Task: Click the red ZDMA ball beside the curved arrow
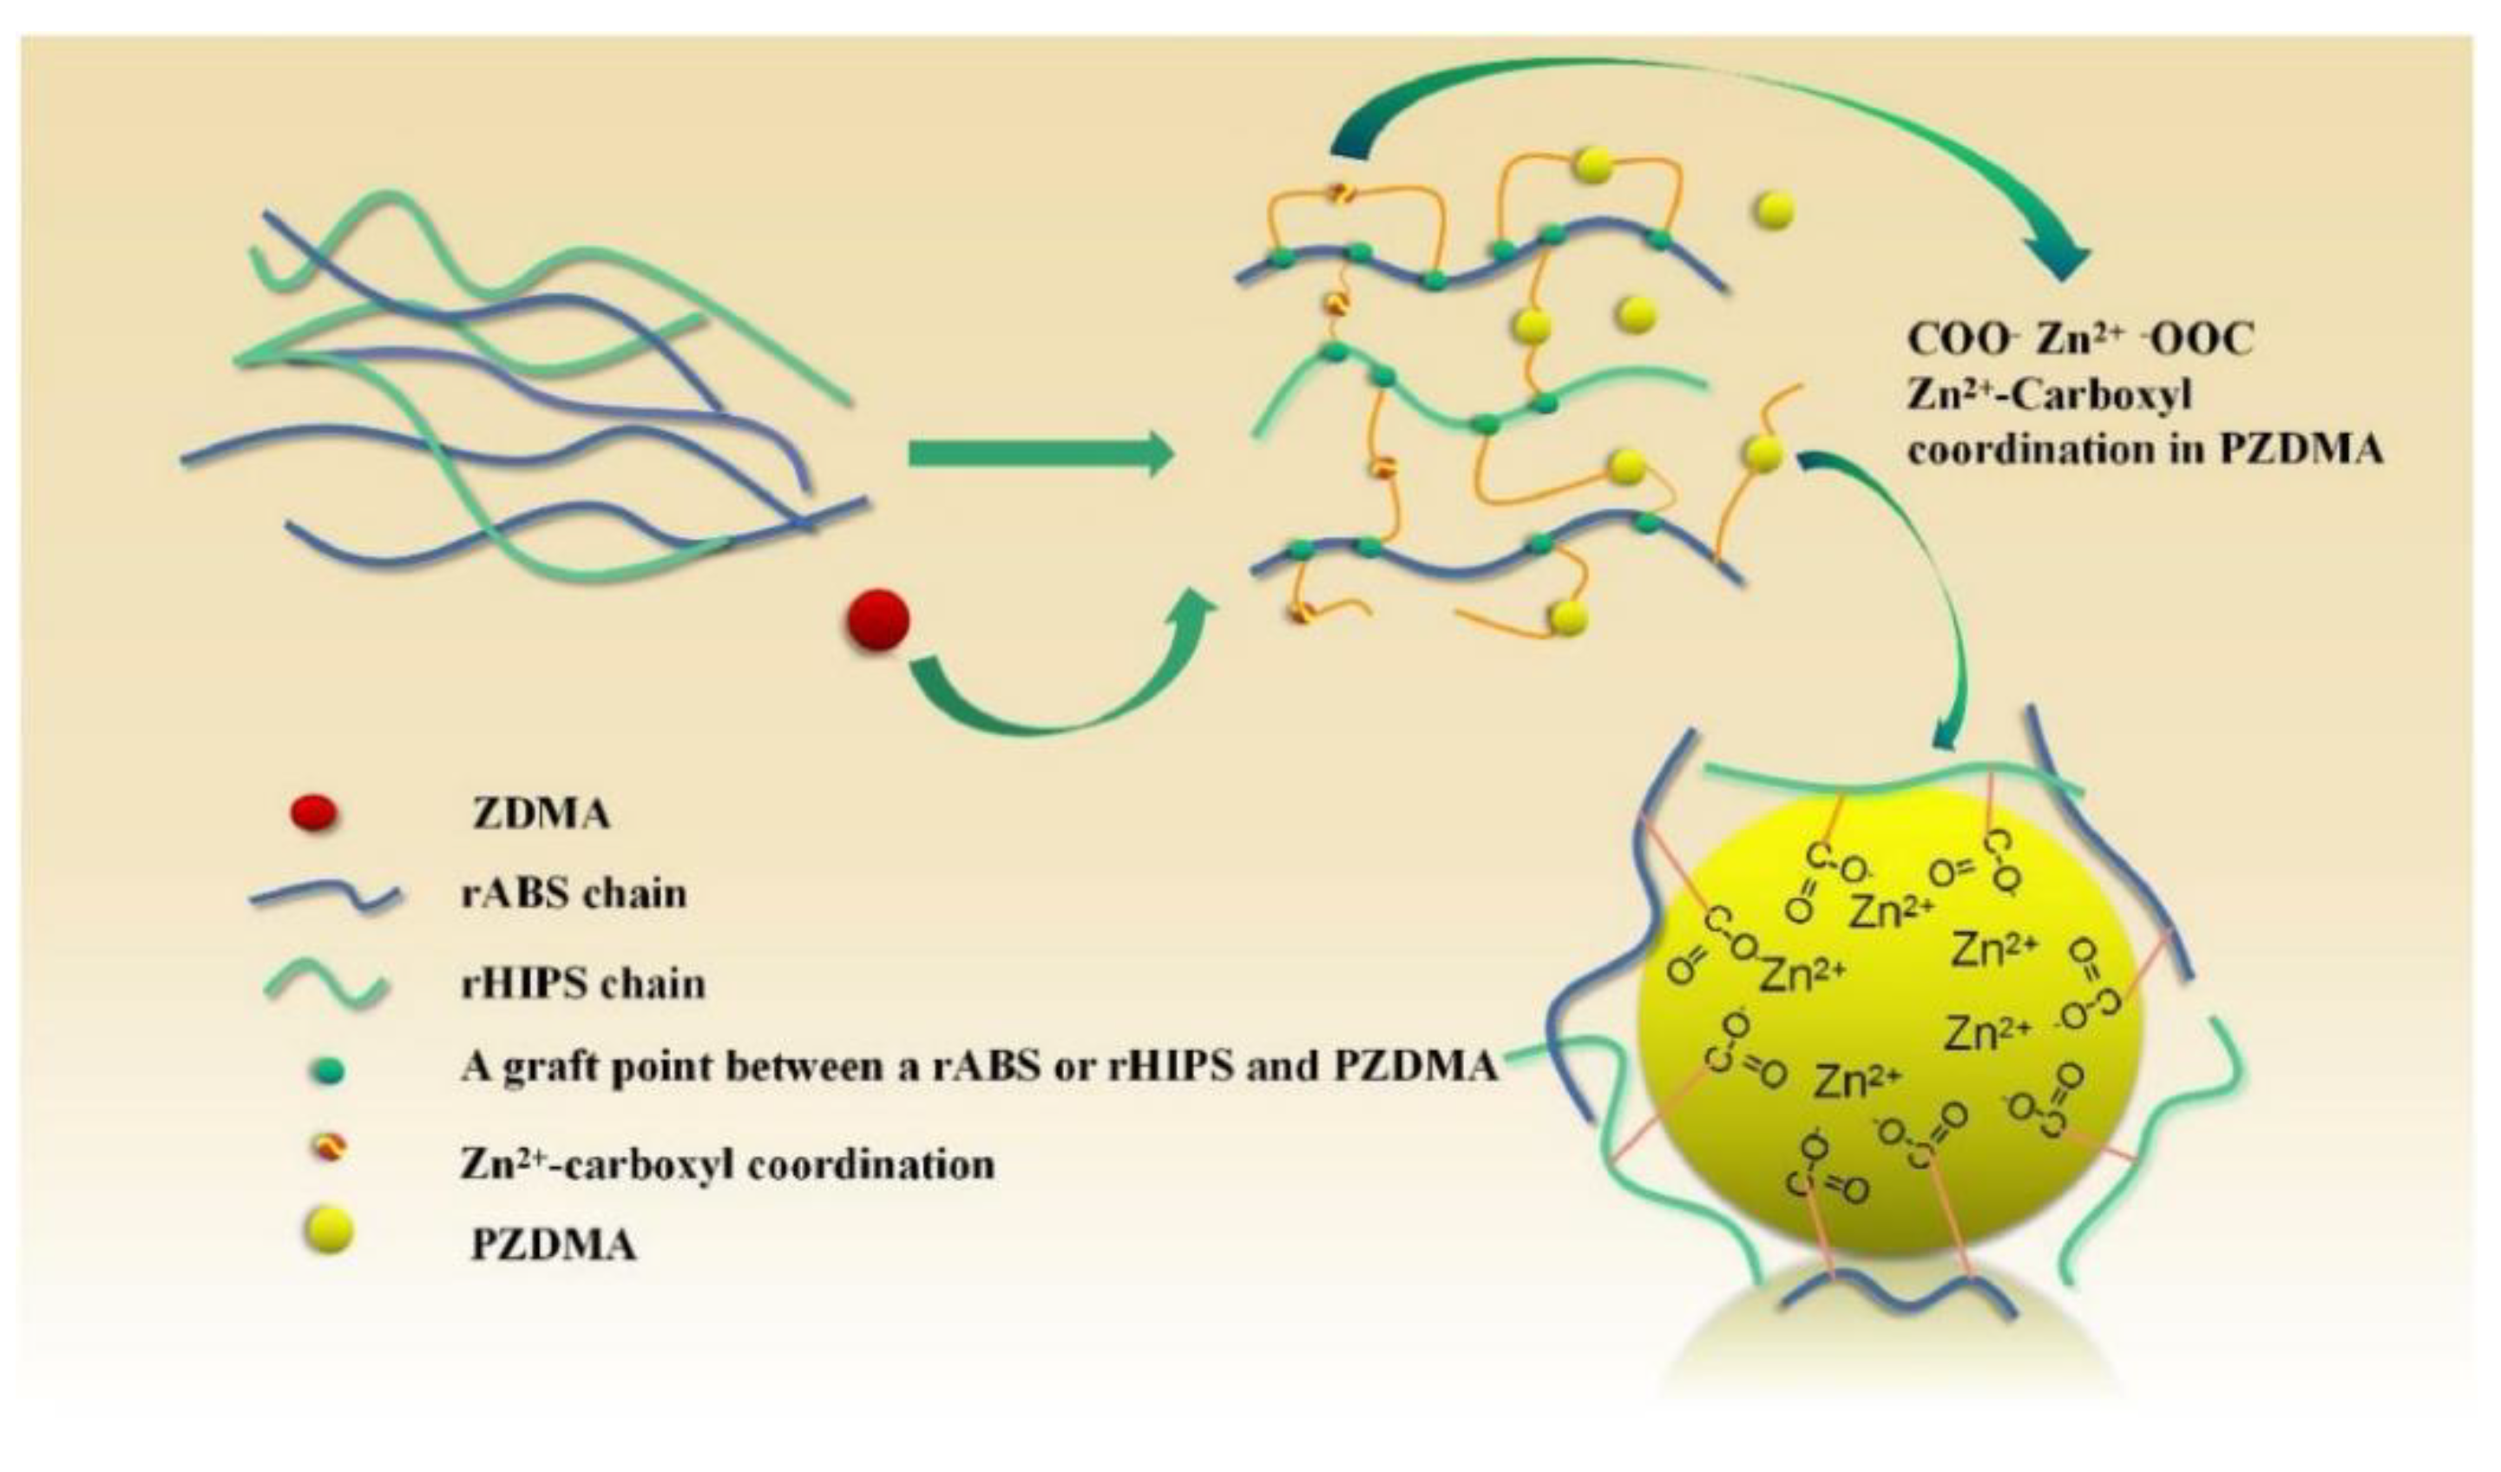coord(877,621)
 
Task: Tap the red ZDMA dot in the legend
coord(315,814)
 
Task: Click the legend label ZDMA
coord(541,815)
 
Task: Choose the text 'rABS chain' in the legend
coord(574,893)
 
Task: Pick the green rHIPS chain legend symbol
coord(325,986)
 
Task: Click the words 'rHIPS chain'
coord(583,983)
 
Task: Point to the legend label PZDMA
coord(553,1243)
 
